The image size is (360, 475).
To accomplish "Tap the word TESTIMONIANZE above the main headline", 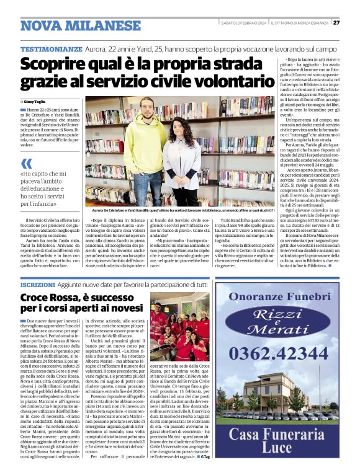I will (x=51, y=48).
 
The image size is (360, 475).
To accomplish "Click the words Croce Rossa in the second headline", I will (x=50, y=298).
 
